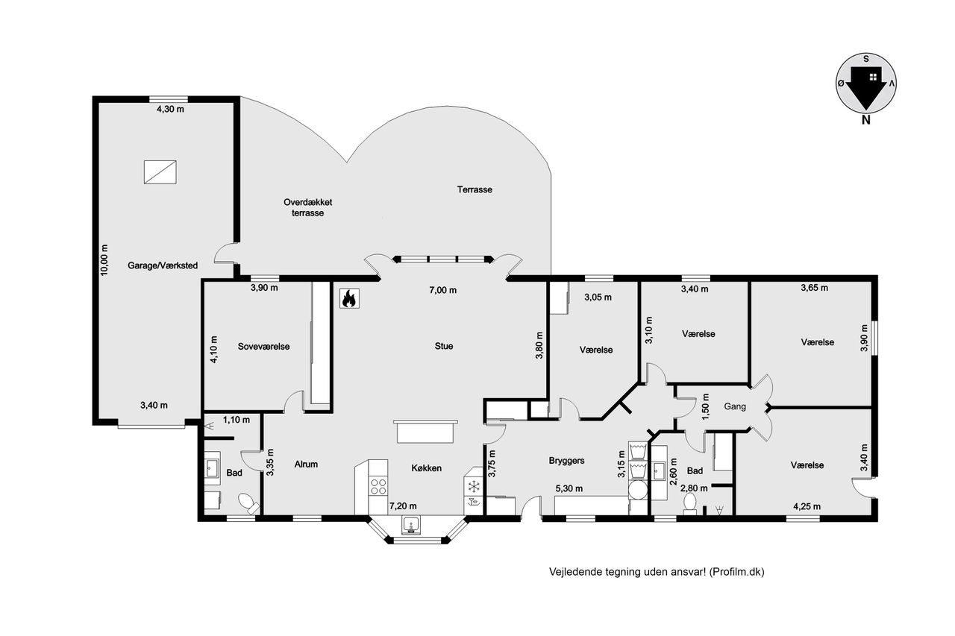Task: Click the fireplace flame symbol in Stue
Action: pos(350,298)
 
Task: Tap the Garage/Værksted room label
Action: pos(163,265)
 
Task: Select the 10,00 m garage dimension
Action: pos(104,260)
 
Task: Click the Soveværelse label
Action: pos(263,346)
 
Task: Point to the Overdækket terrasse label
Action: pos(308,207)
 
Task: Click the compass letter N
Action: pos(866,120)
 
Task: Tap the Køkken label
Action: pos(426,467)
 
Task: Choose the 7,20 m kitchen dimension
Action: pos(403,506)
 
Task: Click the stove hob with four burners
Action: pos(378,486)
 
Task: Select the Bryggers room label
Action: pos(566,461)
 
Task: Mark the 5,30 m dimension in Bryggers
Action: pos(569,488)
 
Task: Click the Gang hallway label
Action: pos(735,406)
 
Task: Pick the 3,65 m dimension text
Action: pos(814,288)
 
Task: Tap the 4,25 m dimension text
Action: pos(807,506)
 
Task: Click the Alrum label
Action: pos(306,464)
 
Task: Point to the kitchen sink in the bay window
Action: pos(411,524)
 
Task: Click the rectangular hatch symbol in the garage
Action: pos(160,172)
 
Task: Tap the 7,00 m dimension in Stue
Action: pos(442,290)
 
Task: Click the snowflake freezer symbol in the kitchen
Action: pos(473,486)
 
